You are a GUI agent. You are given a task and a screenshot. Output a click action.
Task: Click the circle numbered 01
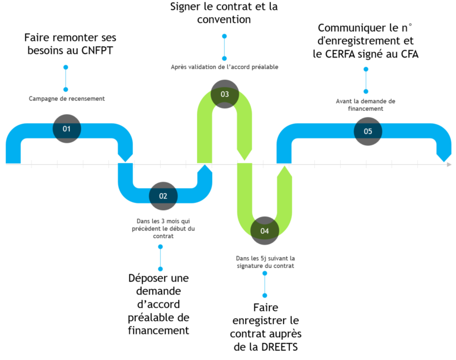(x=67, y=129)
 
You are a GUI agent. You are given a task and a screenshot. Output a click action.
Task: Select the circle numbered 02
(x=163, y=196)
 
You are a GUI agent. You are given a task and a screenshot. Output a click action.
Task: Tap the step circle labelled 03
(x=225, y=94)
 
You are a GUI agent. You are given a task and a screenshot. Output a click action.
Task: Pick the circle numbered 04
(x=264, y=231)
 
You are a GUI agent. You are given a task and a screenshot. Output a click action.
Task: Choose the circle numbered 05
(x=368, y=131)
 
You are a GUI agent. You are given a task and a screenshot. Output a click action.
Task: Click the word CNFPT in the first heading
(x=97, y=50)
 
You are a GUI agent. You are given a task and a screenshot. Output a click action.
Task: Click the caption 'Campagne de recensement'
(x=67, y=99)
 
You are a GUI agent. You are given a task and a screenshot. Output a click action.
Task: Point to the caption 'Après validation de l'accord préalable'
(x=224, y=67)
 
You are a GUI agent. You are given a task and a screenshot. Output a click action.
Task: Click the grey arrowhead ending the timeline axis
(x=449, y=164)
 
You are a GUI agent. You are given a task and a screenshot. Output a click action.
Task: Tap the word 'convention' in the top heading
(x=224, y=19)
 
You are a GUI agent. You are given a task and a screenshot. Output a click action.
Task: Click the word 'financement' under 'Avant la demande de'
(x=366, y=109)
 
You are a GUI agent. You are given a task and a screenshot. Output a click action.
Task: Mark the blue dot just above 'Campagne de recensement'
(x=66, y=90)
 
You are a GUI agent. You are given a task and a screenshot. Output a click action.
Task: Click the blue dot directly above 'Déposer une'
(x=160, y=269)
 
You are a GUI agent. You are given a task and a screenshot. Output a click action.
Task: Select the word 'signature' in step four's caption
(x=249, y=266)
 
